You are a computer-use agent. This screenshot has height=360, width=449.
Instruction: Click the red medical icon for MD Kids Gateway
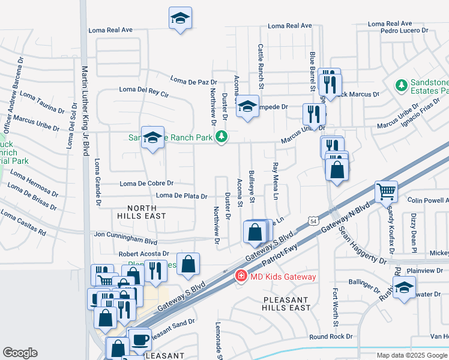241,276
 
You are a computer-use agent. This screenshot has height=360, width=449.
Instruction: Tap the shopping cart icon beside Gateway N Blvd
386,192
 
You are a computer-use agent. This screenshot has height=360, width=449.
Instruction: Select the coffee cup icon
140,340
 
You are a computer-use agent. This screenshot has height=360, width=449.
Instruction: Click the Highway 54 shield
313,221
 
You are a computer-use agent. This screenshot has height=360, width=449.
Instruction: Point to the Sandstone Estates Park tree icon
401,86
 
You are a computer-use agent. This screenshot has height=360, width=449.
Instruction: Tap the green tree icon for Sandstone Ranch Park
222,137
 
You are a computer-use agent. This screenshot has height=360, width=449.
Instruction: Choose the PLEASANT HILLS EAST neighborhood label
286,303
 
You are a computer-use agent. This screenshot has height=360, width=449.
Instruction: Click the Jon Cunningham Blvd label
125,238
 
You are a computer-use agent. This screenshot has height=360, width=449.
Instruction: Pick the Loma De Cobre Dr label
146,183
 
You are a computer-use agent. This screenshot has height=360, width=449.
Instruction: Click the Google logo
20,353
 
